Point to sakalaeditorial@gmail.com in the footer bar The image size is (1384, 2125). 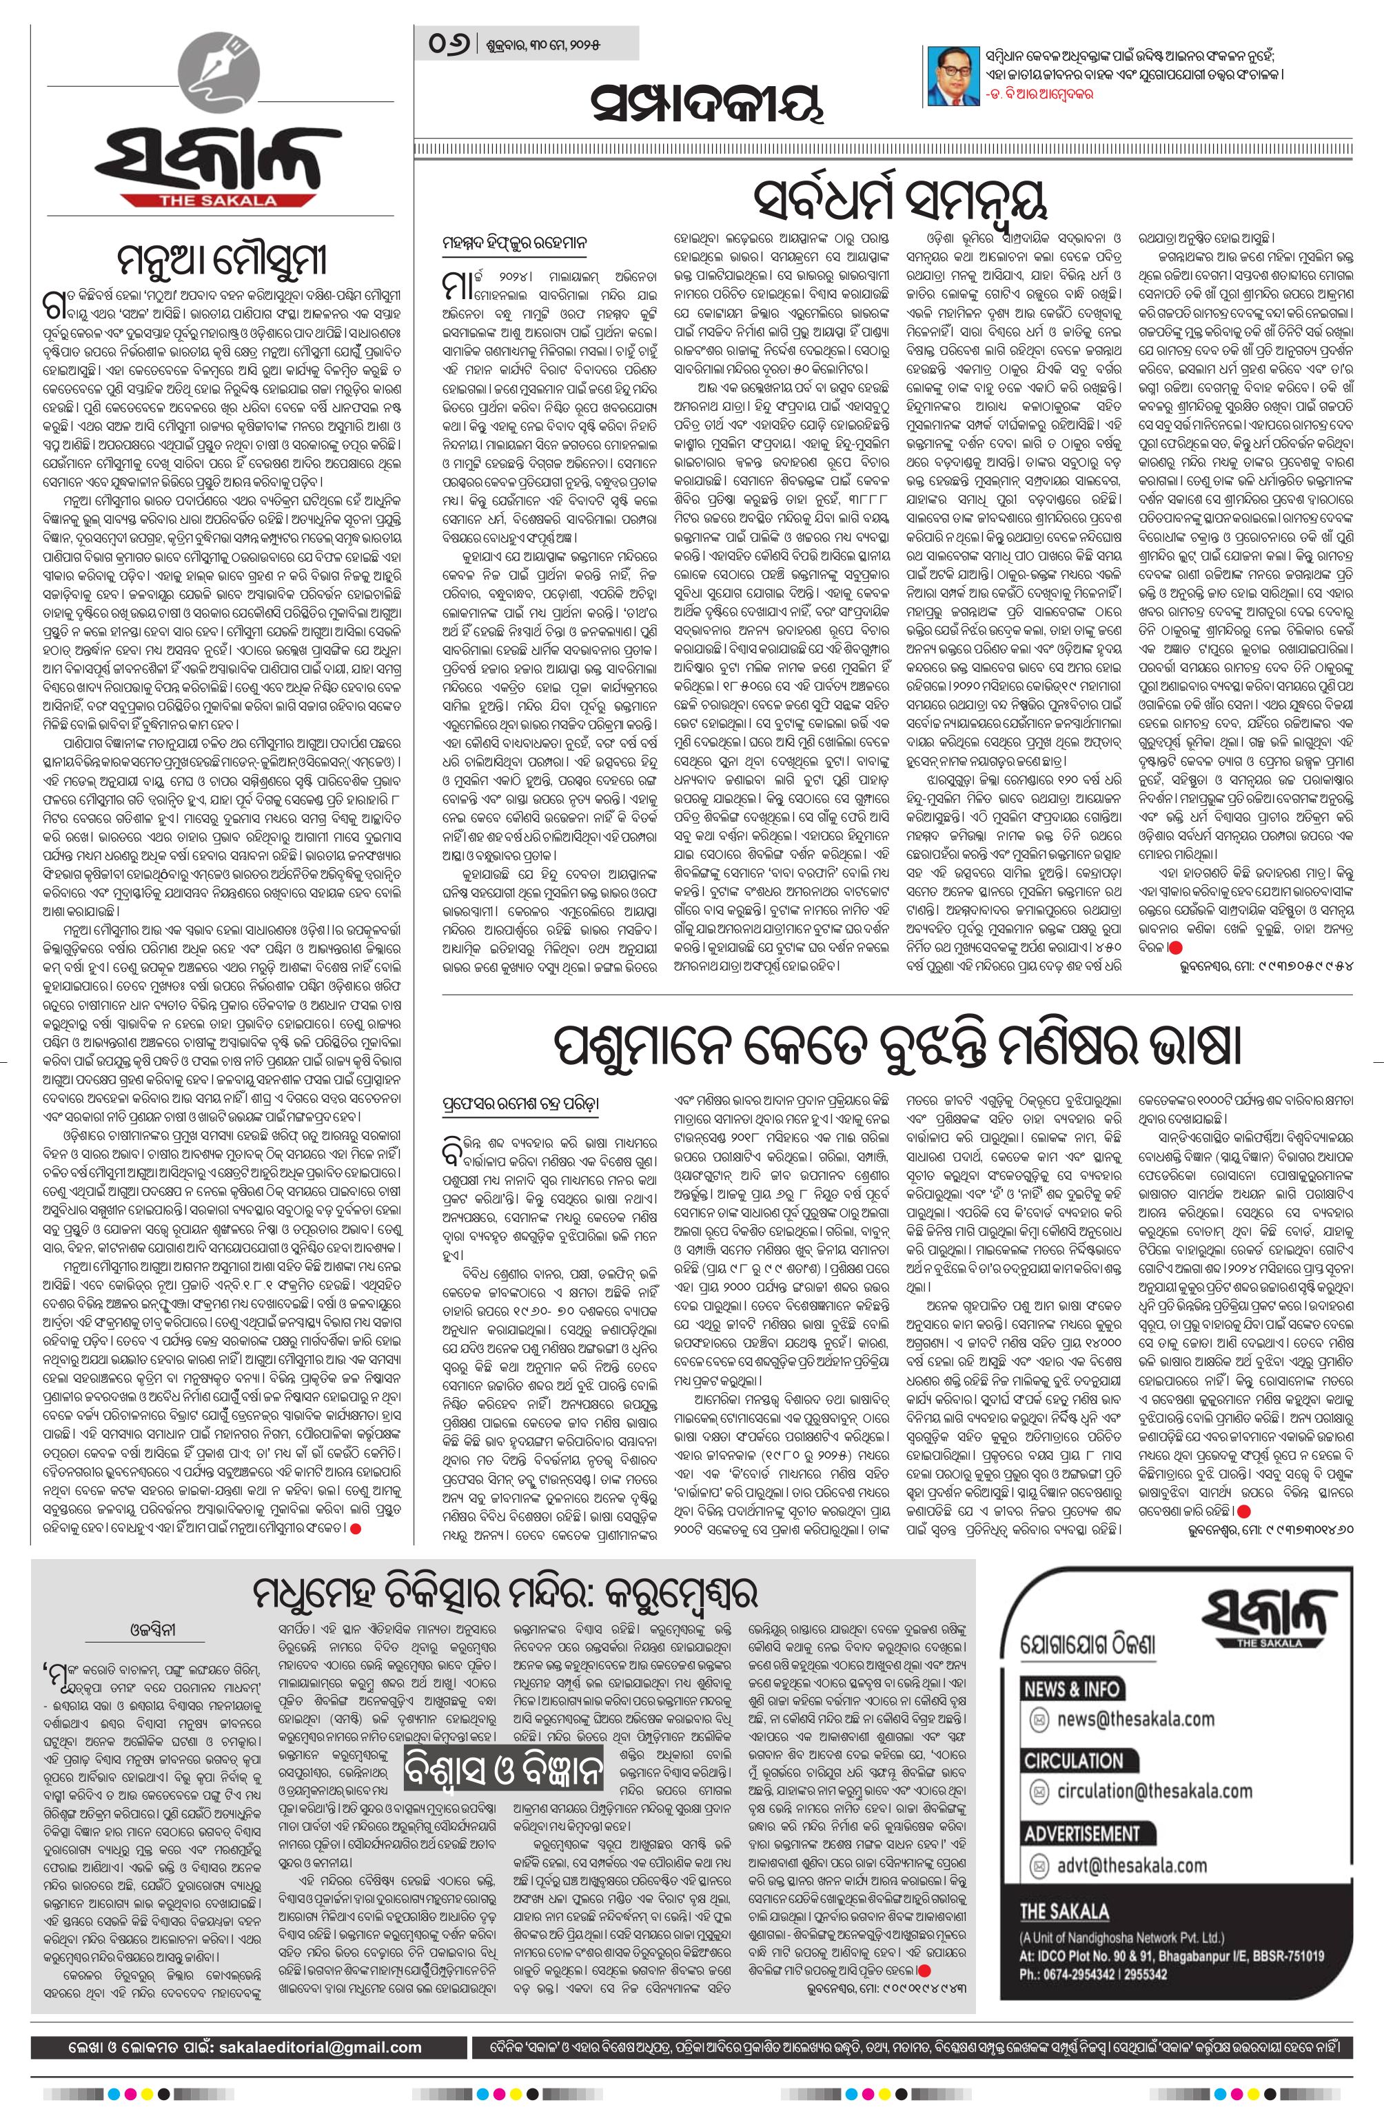point(310,2022)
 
